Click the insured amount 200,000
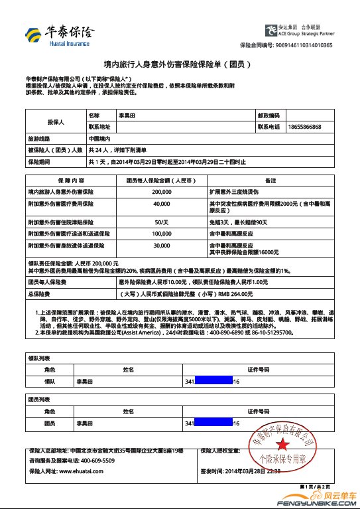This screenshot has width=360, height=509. [162, 191]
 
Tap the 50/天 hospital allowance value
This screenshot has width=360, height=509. [162, 221]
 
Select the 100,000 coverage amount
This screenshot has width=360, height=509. [162, 234]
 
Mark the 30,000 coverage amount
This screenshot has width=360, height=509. [162, 245]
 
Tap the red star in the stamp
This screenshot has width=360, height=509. [281, 441]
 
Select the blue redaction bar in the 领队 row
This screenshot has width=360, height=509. [211, 382]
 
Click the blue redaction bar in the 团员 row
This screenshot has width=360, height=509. [211, 423]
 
